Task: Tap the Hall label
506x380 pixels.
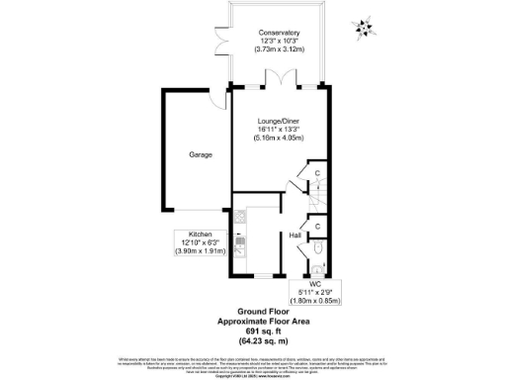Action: [x=295, y=237]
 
